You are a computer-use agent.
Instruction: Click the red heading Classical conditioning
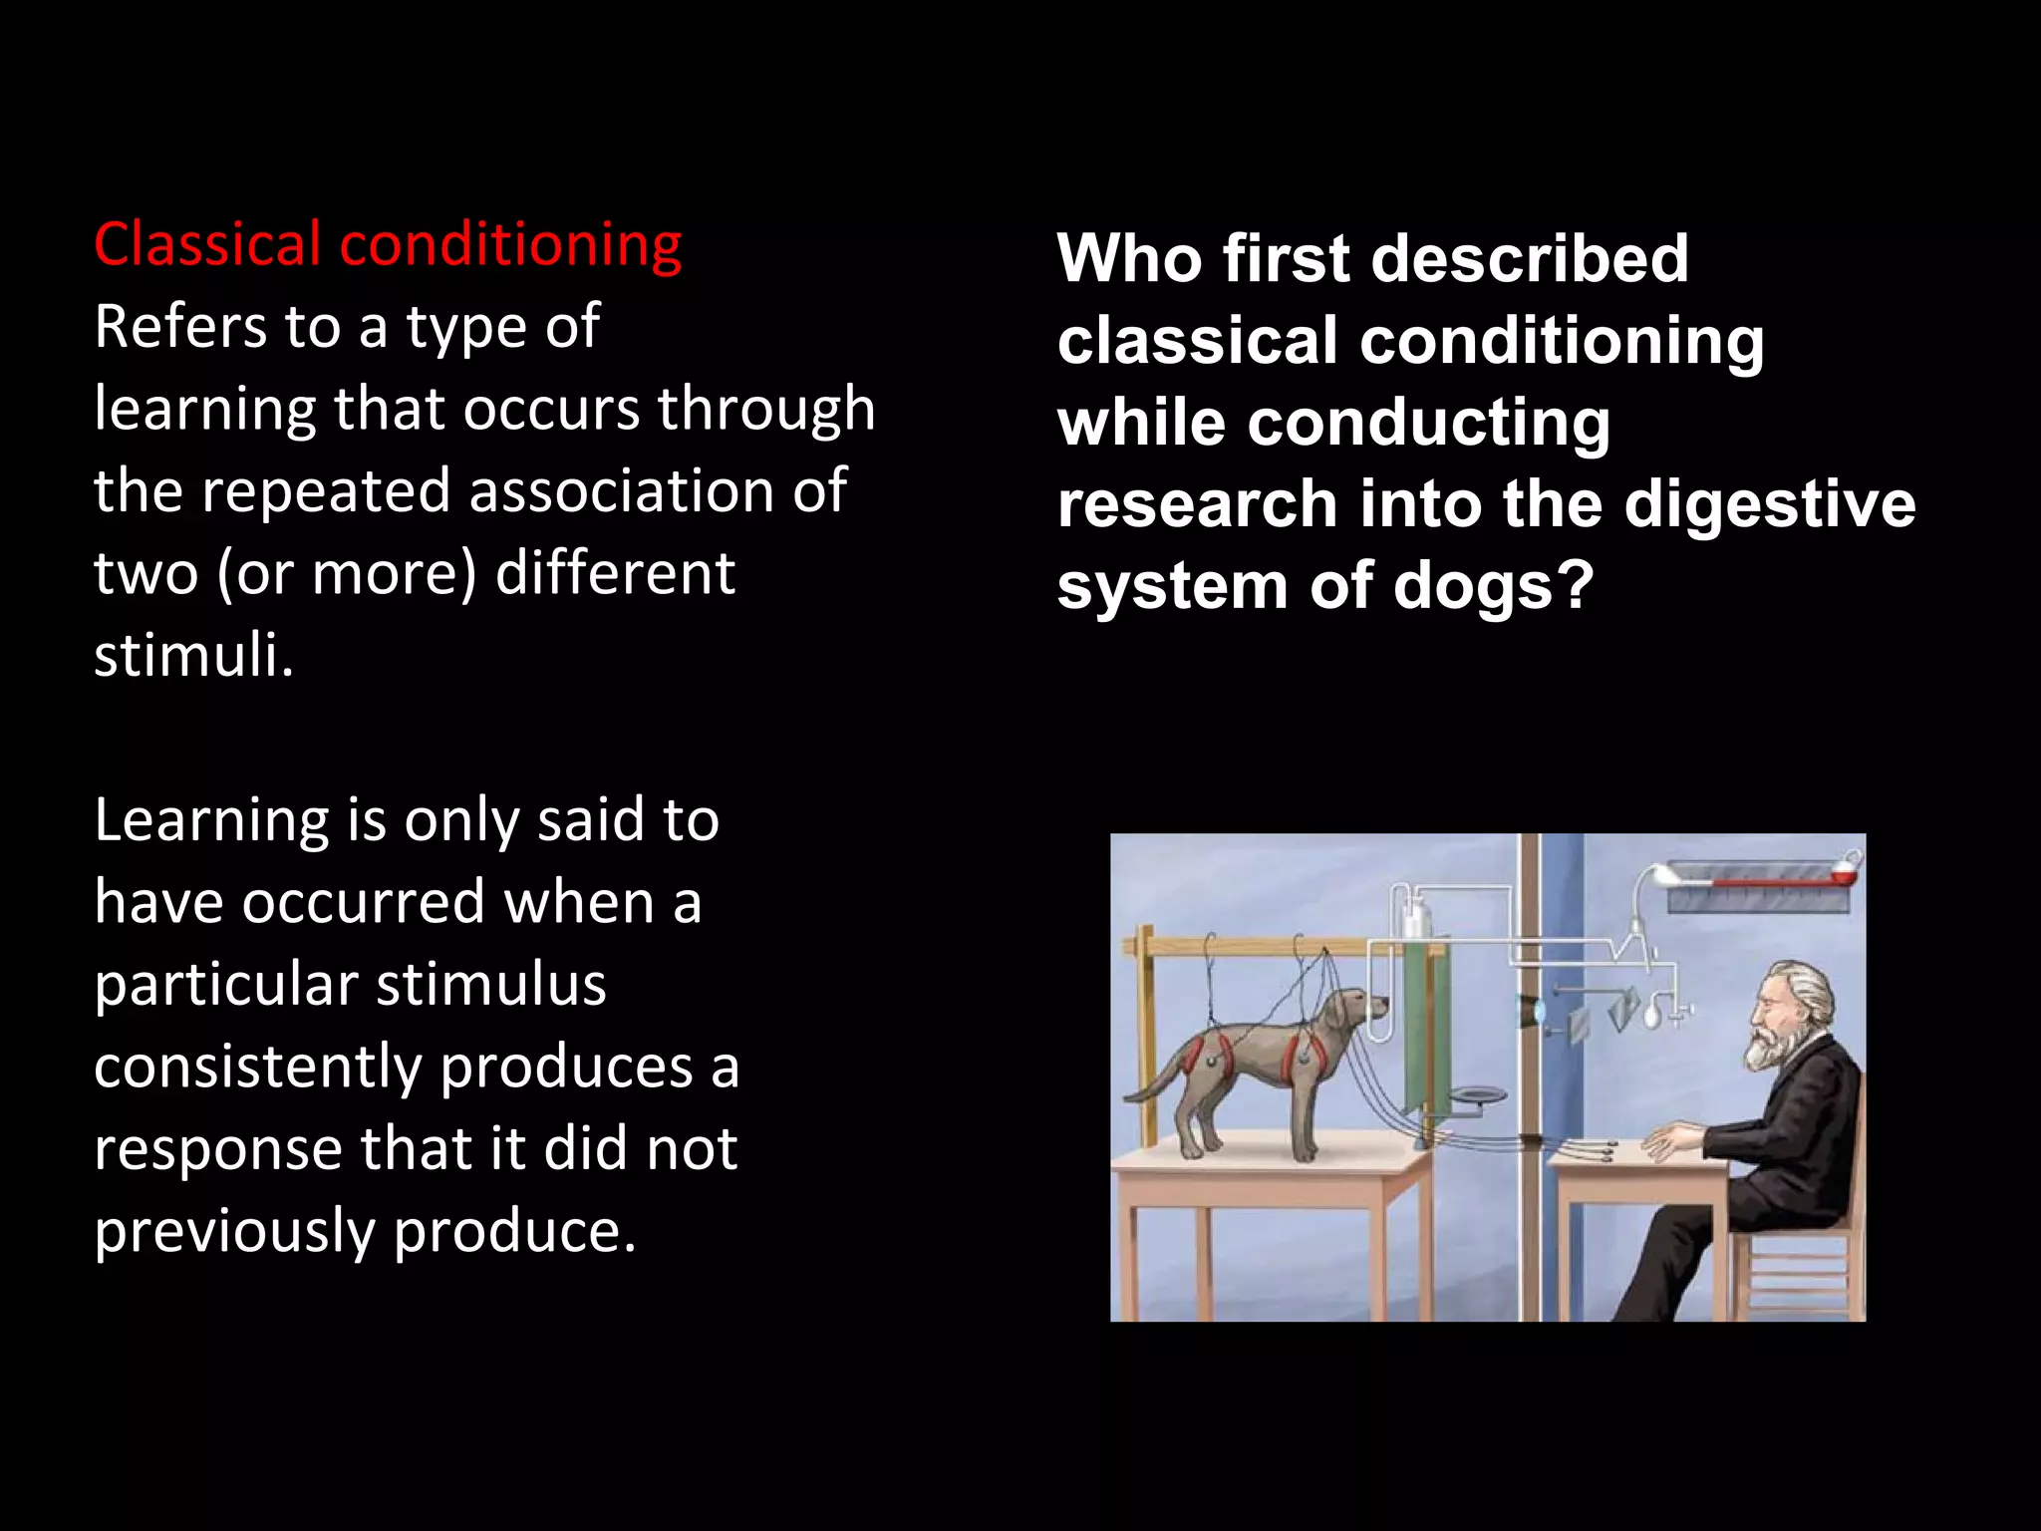[x=387, y=245]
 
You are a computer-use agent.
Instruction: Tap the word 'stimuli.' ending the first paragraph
[x=193, y=656]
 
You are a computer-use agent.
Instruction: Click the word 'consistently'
[x=258, y=1068]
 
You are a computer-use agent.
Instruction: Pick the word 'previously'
[x=234, y=1232]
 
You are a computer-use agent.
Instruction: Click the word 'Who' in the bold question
[x=1128, y=259]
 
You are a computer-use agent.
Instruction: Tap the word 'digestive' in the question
[x=1769, y=504]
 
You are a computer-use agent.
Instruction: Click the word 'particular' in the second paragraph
[x=226, y=986]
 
